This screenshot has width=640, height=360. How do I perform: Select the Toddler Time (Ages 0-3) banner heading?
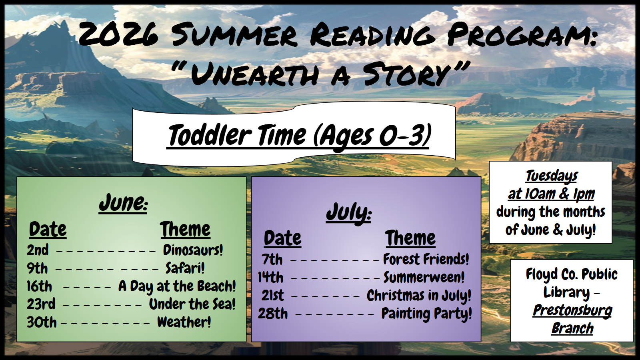tap(298, 135)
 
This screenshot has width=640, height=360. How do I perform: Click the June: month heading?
tap(123, 203)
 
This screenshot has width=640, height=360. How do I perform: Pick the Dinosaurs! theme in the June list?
tap(193, 250)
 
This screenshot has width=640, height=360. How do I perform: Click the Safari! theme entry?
tap(185, 268)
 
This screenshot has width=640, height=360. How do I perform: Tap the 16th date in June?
tap(40, 286)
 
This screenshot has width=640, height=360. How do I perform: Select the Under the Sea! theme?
tap(192, 304)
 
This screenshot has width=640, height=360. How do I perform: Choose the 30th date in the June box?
tap(42, 322)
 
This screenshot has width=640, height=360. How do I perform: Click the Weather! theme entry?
tap(184, 322)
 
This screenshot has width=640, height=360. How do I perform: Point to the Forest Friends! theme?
tap(426, 259)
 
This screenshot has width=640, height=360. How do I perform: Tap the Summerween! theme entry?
tap(424, 277)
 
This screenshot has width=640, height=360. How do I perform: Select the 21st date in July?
tap(273, 296)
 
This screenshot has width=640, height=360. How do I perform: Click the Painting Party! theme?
tap(426, 314)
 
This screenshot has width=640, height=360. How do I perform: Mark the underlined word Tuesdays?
tap(552, 176)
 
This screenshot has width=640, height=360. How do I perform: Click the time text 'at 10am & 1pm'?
tap(551, 194)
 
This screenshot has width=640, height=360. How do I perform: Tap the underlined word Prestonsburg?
tap(572, 310)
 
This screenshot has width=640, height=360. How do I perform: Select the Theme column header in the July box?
tap(410, 238)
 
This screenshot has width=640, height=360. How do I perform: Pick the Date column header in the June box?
tap(48, 229)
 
